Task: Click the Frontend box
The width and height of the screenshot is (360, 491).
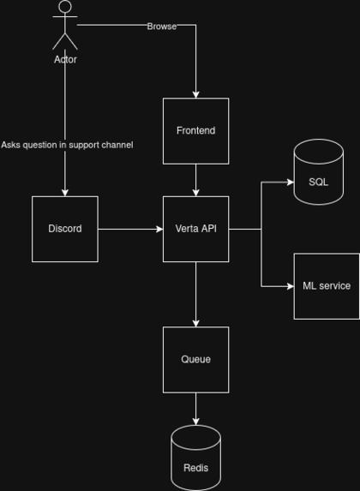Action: click(x=195, y=131)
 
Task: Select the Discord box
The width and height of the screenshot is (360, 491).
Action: click(x=65, y=229)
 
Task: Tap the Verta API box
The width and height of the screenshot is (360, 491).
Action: click(x=195, y=229)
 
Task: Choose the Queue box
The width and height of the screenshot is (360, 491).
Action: click(x=195, y=359)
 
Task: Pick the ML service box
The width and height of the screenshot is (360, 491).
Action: click(x=327, y=285)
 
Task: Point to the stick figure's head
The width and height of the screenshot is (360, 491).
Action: click(x=65, y=8)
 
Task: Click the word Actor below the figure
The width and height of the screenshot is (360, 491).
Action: click(x=65, y=60)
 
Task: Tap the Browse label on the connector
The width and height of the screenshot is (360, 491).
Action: click(x=161, y=27)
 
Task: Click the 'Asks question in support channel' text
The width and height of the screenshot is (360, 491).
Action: click(x=67, y=145)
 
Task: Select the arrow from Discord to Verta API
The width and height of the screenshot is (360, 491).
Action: click(x=130, y=229)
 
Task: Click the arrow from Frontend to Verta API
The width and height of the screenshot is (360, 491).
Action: click(x=195, y=180)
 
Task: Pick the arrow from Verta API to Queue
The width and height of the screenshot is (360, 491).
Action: click(x=195, y=294)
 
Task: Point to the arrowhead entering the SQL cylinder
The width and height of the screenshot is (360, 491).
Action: click(x=289, y=182)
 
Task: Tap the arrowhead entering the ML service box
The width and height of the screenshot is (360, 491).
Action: click(x=289, y=286)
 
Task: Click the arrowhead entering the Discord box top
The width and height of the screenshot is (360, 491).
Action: click(x=65, y=192)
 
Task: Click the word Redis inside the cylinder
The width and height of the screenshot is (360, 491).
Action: click(x=195, y=469)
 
